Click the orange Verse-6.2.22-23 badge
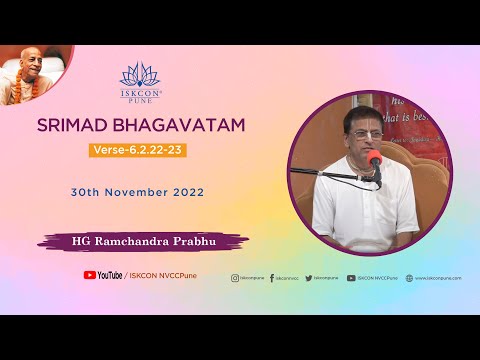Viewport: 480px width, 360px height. pos(138,151)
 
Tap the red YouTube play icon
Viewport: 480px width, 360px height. pos(90,275)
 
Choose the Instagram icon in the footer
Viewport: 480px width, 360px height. pos(235,278)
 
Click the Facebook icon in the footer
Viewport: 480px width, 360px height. pos(270,278)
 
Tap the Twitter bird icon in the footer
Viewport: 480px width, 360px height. pos(309,278)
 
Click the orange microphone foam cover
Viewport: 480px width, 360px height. pos(375,159)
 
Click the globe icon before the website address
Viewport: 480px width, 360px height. pos(409,278)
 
